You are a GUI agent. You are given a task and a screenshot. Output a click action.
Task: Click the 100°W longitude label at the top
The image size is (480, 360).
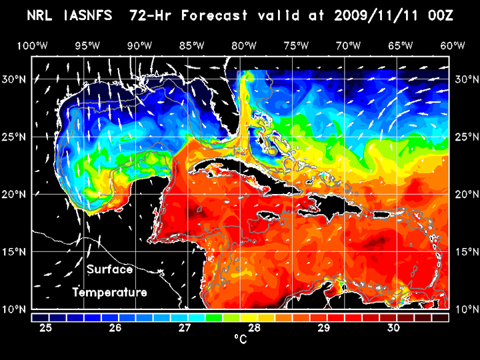click(x=31, y=45)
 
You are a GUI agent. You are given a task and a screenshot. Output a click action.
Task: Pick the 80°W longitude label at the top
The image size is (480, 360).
click(x=245, y=45)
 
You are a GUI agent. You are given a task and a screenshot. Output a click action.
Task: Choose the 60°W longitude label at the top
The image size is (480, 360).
click(x=453, y=45)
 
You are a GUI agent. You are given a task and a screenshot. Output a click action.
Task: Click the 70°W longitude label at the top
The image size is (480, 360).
click(x=349, y=45)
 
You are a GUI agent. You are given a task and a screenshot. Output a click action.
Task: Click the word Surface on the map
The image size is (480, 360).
click(x=110, y=270)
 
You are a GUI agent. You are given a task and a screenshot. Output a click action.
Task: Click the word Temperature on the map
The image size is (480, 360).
click(x=110, y=292)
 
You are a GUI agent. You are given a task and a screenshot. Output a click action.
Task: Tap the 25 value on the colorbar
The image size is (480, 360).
click(x=46, y=327)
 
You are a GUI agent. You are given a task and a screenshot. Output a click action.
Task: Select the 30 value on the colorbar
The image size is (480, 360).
click(x=393, y=327)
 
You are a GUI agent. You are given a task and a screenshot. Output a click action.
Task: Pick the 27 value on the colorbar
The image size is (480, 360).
click(x=185, y=327)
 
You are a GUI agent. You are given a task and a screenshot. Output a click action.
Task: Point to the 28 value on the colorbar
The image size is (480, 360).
click(x=254, y=327)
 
